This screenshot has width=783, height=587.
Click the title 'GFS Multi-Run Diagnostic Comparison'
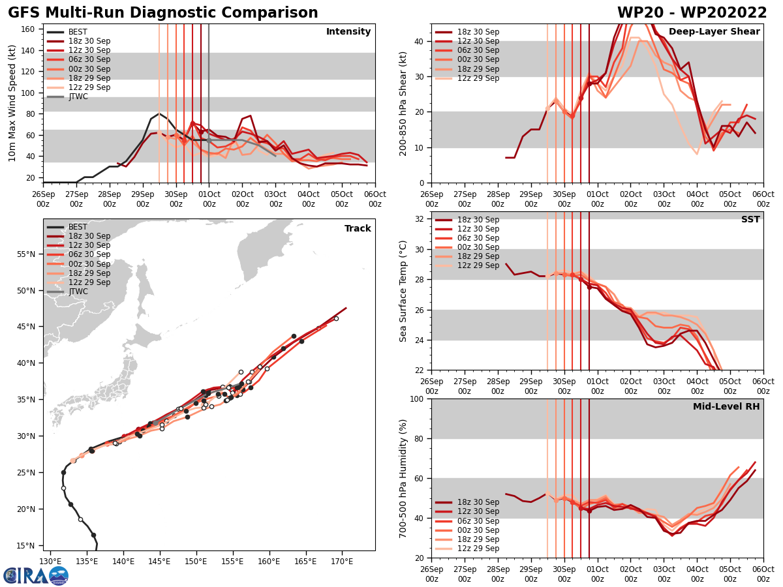click(x=163, y=13)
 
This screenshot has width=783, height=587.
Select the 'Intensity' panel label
click(x=348, y=32)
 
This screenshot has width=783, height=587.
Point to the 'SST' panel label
click(x=750, y=220)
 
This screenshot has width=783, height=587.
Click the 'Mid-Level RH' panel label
click(x=726, y=407)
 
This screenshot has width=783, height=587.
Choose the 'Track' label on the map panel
click(x=358, y=229)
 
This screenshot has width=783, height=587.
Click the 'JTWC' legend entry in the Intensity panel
click(x=78, y=97)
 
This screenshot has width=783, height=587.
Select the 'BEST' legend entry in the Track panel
click(x=78, y=227)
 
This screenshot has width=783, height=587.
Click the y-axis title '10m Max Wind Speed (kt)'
click(x=12, y=103)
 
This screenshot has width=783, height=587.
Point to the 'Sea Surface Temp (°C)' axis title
click(x=403, y=291)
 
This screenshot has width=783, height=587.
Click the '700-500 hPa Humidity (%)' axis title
click(x=403, y=479)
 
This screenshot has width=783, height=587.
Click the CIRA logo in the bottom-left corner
click(x=36, y=575)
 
